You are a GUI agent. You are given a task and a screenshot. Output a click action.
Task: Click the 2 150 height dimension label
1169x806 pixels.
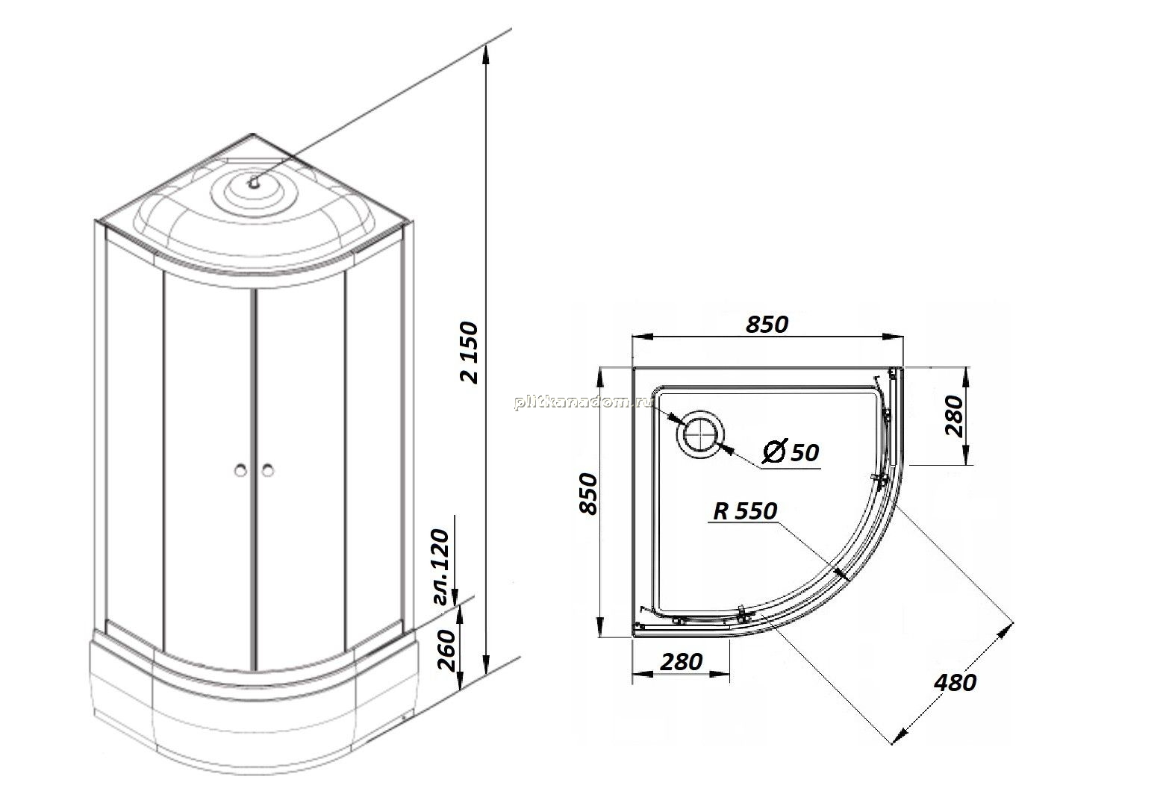(x=470, y=353)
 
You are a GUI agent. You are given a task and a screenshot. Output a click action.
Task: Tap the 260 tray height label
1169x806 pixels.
(x=446, y=650)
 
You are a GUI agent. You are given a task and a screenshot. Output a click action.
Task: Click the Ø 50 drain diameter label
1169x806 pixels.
(x=790, y=452)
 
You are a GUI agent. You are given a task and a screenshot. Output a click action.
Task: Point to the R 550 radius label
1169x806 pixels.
(x=745, y=510)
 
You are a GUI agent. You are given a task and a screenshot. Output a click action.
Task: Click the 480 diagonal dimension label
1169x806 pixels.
(x=955, y=683)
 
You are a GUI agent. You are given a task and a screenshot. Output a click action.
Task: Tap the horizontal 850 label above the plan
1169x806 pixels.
(x=767, y=325)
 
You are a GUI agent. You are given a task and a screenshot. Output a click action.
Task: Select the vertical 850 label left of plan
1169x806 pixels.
(x=589, y=493)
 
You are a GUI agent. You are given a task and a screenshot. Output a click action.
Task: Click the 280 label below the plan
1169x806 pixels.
(x=681, y=662)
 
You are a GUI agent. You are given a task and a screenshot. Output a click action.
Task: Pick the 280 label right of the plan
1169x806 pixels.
(x=954, y=416)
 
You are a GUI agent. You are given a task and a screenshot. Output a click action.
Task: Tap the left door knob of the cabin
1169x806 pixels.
(x=240, y=470)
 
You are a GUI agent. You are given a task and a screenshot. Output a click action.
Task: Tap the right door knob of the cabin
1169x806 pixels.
(x=268, y=470)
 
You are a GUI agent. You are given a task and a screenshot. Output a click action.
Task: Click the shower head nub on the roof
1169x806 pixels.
(x=254, y=183)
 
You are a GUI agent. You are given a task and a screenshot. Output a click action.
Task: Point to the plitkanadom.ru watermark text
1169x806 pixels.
(x=584, y=402)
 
